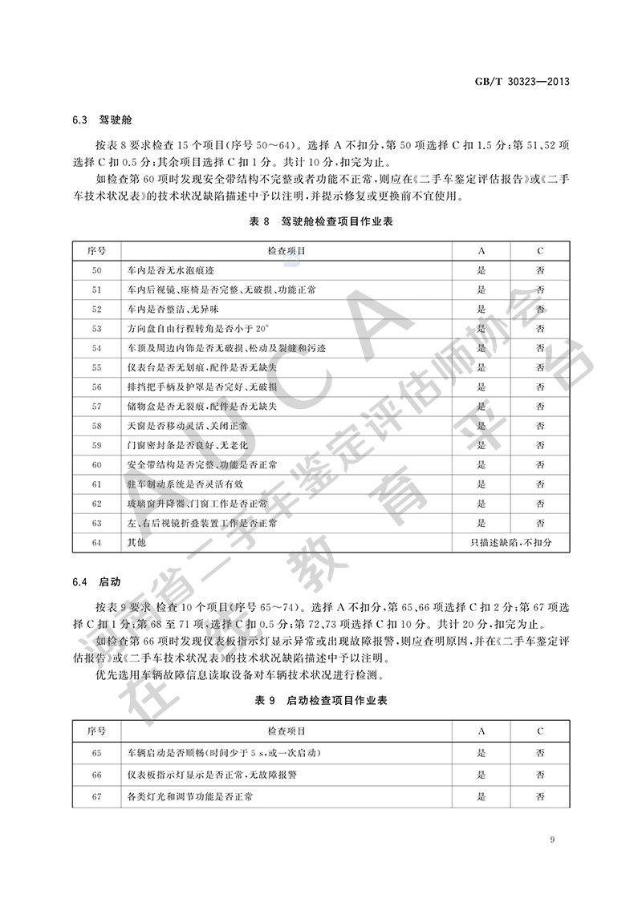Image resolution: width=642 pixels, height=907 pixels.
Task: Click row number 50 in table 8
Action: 97,270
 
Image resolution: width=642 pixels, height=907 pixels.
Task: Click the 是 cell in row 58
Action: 481,426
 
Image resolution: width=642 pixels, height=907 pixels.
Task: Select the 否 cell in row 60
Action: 540,464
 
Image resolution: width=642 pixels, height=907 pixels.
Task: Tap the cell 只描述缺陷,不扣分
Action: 511,543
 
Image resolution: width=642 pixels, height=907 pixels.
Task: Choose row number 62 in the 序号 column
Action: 97,504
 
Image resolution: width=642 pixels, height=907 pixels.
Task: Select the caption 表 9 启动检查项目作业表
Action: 320,700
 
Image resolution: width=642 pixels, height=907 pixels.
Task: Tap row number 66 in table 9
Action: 97,775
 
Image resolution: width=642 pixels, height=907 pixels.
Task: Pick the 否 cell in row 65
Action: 540,753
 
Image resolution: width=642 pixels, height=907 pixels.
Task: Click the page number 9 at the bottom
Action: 554,840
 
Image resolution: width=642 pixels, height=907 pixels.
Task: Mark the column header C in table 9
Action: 540,731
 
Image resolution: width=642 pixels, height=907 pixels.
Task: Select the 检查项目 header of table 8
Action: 286,251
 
